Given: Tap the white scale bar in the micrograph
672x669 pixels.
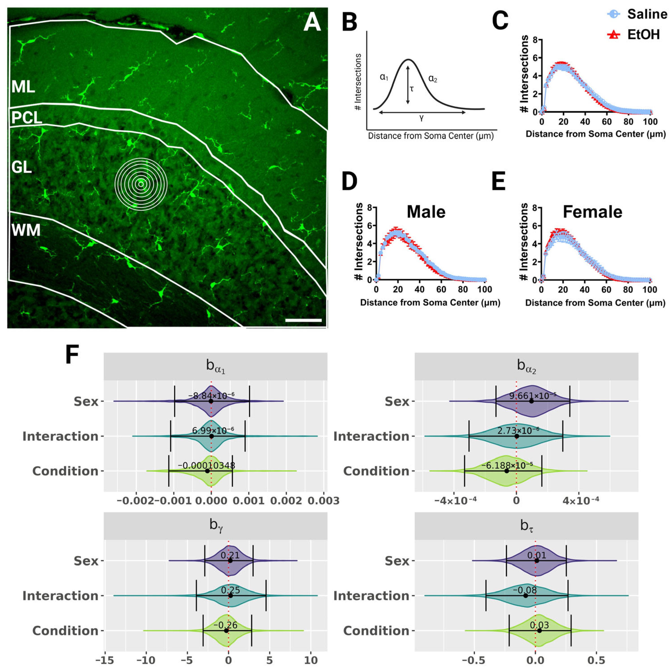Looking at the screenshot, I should click(x=303, y=320).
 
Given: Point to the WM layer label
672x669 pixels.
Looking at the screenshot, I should click(x=26, y=230).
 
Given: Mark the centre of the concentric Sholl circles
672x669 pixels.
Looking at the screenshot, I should click(x=141, y=184).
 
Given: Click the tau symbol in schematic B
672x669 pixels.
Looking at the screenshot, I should click(x=412, y=89).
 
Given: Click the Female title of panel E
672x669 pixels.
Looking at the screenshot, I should click(x=592, y=212).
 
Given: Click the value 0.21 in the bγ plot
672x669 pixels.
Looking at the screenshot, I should click(x=230, y=555).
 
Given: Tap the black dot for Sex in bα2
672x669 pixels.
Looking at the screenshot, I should click(x=531, y=401).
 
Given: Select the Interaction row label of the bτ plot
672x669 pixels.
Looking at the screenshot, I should click(x=371, y=596).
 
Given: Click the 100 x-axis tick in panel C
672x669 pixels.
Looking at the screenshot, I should click(x=650, y=122).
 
